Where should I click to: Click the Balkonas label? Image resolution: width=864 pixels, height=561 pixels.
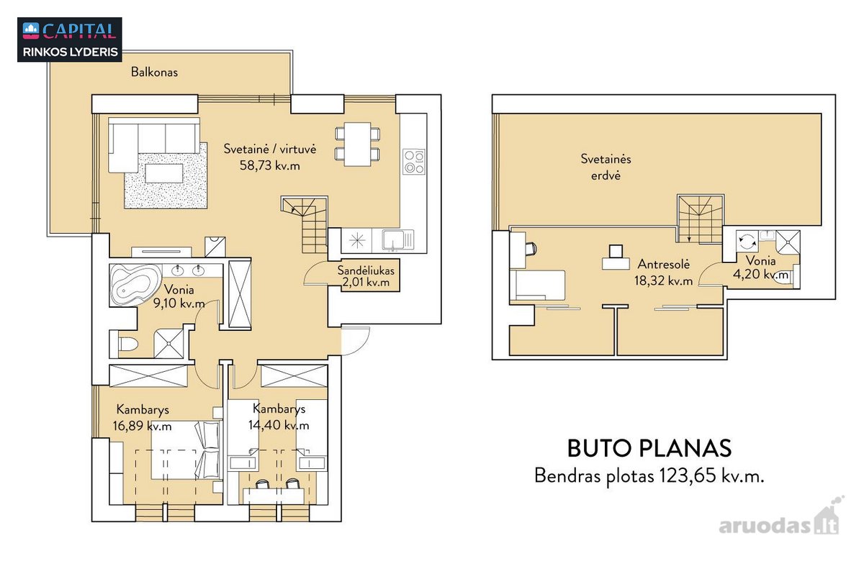click(x=154, y=72)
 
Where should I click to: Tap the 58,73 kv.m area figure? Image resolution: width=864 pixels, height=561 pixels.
click(x=269, y=165)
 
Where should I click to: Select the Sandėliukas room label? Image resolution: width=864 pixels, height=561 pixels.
click(x=366, y=270)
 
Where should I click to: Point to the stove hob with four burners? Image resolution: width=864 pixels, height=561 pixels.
click(x=414, y=162)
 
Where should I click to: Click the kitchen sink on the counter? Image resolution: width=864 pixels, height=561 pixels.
click(x=398, y=240)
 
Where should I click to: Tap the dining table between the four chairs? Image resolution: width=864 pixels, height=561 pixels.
click(x=357, y=144)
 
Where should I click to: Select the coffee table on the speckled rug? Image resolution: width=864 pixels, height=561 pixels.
click(x=164, y=173)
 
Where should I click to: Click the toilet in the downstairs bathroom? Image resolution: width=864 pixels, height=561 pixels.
click(x=127, y=344)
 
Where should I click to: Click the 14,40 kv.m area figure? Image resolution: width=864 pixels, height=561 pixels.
click(x=279, y=425)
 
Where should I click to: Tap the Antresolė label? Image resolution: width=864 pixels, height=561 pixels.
click(x=663, y=265)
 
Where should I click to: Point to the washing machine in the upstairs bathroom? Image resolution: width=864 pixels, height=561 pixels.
click(x=747, y=242)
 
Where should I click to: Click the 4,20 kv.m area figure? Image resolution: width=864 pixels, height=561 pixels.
click(x=760, y=274)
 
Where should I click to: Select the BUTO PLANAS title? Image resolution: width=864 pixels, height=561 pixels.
click(x=649, y=449)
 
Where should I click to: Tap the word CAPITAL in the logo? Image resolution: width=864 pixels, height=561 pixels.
click(x=79, y=31)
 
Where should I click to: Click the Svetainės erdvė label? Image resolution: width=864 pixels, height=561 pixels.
click(x=606, y=167)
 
